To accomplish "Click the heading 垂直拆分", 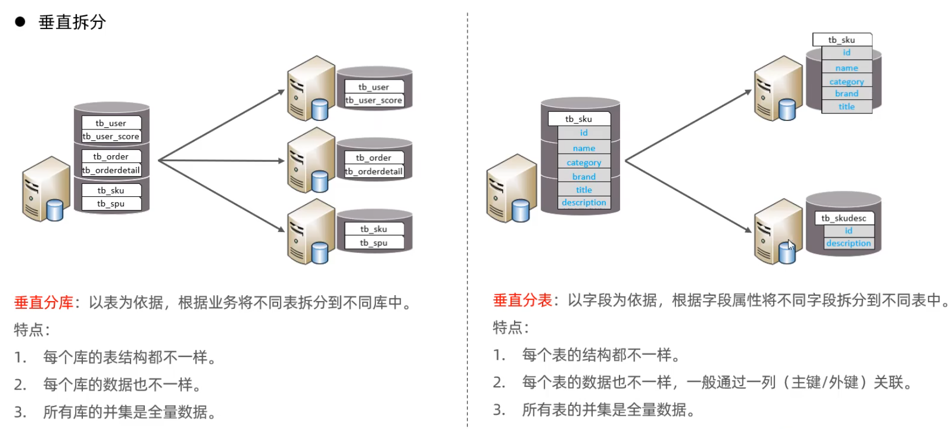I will point(72,22).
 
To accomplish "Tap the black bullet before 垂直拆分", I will point(20,22).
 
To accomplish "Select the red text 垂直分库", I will point(43,302).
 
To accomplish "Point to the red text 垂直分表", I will point(522,300).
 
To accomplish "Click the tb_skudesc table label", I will point(843,218).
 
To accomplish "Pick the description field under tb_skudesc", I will point(848,243).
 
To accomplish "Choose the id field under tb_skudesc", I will point(848,231).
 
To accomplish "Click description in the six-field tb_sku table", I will point(584,202).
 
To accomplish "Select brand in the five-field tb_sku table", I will point(847,94).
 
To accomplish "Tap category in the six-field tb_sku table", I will point(584,162).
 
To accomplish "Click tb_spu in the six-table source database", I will point(111,204).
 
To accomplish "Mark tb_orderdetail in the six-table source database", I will point(111,170).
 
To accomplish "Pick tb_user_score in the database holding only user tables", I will point(374,100).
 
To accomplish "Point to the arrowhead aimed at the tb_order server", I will point(281,161).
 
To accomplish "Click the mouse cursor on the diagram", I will point(791,245).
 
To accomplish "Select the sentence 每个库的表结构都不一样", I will point(129,357).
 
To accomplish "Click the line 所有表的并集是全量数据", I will point(608,409).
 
